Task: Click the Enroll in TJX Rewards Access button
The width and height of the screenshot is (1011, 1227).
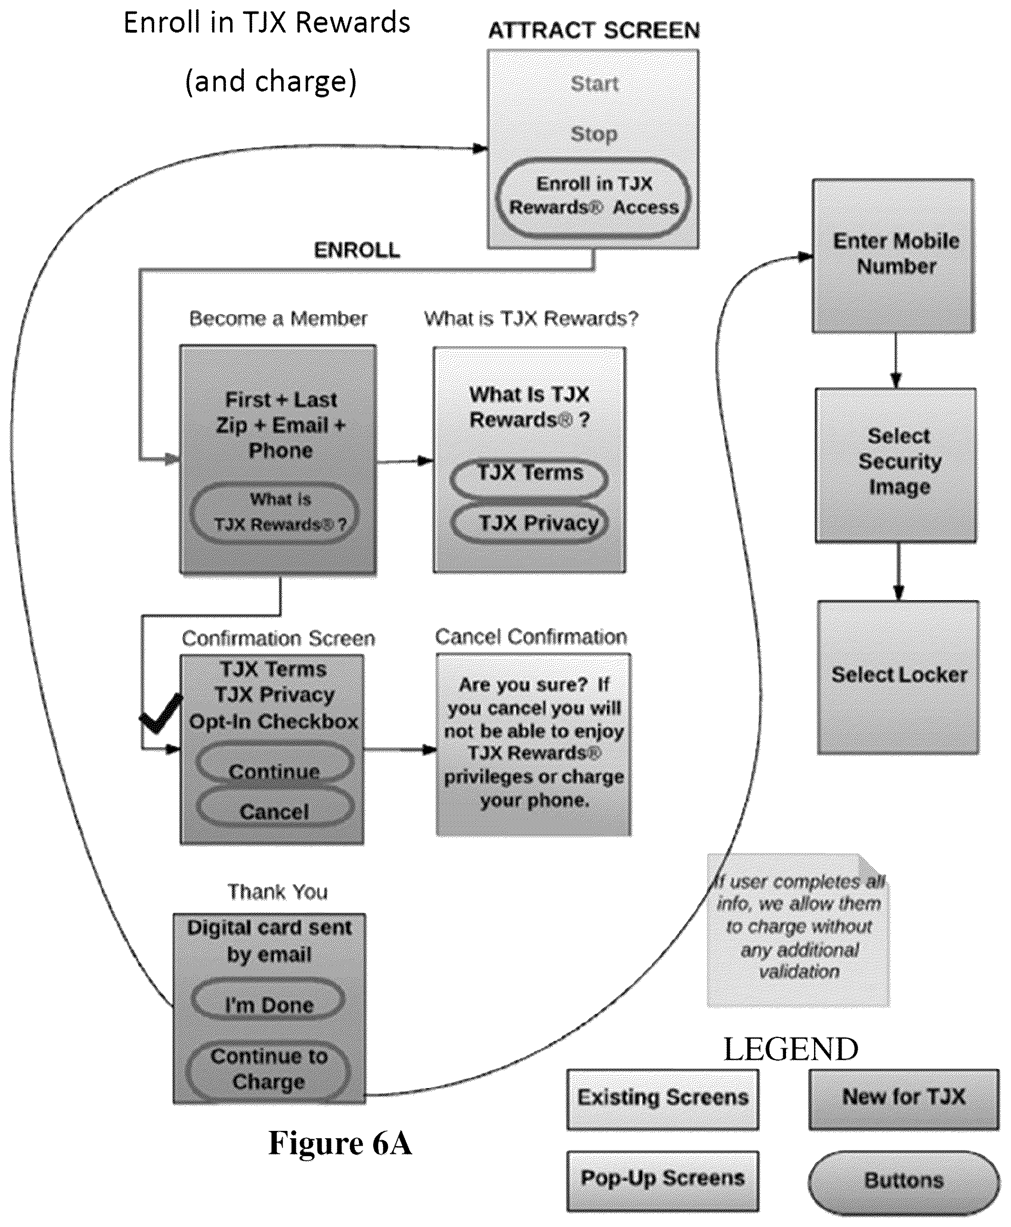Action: click(x=594, y=197)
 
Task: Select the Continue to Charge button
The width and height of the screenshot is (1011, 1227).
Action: click(x=268, y=1070)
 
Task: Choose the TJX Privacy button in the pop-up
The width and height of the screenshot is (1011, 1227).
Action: click(x=529, y=523)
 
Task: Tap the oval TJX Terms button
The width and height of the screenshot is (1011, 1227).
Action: click(x=529, y=477)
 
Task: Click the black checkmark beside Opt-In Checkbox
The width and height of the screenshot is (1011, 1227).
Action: click(x=161, y=714)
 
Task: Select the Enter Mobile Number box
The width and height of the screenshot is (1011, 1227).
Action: click(x=893, y=256)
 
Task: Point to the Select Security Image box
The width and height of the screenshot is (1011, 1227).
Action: click(x=896, y=466)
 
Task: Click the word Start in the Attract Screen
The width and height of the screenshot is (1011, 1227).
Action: click(x=594, y=84)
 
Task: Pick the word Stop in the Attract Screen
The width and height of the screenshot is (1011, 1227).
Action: click(x=594, y=134)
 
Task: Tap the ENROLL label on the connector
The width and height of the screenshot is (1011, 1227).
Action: click(x=357, y=250)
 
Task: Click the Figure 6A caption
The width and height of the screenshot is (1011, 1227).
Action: click(x=340, y=1142)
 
